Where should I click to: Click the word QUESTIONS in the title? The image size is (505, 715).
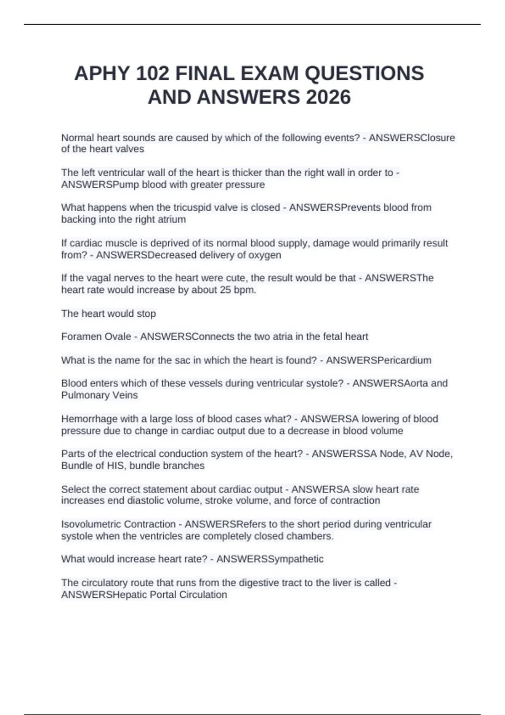pos(364,74)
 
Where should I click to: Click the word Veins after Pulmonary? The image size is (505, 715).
pos(127,395)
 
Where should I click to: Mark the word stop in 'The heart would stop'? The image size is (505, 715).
pos(147,314)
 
